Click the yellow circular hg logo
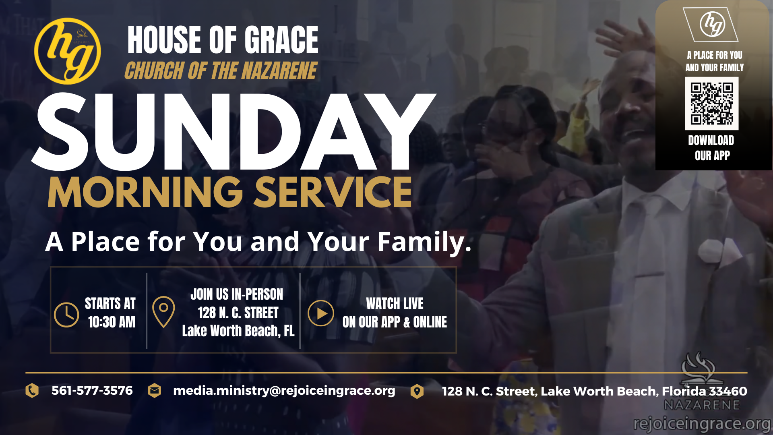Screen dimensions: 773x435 pyautogui.click(x=68, y=51)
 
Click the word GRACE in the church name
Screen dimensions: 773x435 pyautogui.click(x=281, y=39)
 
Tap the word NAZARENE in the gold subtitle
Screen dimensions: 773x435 pyautogui.click(x=279, y=71)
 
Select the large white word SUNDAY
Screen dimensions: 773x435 pyautogui.click(x=234, y=131)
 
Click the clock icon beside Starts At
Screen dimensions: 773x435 pyautogui.click(x=66, y=315)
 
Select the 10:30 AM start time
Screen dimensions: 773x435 pyautogui.click(x=112, y=322)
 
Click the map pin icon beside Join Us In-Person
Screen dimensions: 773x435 pyautogui.click(x=163, y=312)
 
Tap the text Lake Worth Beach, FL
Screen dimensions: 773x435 pyautogui.click(x=238, y=331)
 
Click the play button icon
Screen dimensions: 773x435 pyautogui.click(x=321, y=313)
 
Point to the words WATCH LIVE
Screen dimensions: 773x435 pyautogui.click(x=395, y=303)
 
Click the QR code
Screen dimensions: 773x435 pyautogui.click(x=712, y=104)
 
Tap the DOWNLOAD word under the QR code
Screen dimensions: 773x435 pyautogui.click(x=711, y=140)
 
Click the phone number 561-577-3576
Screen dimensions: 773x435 pyautogui.click(x=92, y=391)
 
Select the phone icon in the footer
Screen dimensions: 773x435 pyautogui.click(x=32, y=391)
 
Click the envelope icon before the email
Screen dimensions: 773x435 pyautogui.click(x=155, y=391)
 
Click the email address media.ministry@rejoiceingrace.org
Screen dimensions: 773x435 pyautogui.click(x=284, y=391)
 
